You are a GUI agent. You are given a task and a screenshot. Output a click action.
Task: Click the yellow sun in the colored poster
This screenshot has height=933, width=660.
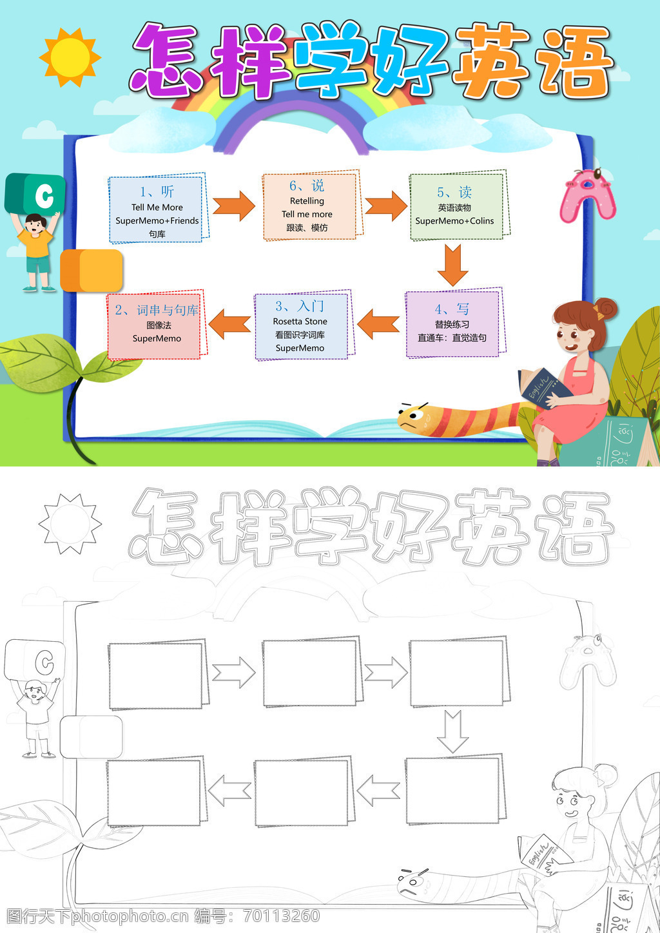(x=70, y=57)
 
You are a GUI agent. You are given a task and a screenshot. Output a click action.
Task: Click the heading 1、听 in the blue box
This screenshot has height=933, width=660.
(x=157, y=191)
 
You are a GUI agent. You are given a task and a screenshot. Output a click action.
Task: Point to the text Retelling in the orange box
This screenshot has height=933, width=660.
(x=307, y=201)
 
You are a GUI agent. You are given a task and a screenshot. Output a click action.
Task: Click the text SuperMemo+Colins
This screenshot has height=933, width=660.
(x=454, y=221)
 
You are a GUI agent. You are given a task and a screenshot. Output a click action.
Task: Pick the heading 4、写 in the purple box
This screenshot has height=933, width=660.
(x=452, y=309)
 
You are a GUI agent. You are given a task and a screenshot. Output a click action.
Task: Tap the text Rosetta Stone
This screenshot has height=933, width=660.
(x=300, y=322)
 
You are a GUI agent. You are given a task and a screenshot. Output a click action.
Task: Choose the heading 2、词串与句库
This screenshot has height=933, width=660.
(x=157, y=311)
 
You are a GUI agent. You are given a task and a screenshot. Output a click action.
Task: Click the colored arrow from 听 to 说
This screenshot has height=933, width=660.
(x=234, y=206)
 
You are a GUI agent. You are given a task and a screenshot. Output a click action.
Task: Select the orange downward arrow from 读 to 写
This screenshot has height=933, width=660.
(x=452, y=264)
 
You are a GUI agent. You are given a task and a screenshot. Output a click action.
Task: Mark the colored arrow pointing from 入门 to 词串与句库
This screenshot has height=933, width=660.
(x=229, y=323)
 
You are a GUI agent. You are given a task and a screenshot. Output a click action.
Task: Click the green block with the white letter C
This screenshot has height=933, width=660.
(x=36, y=193)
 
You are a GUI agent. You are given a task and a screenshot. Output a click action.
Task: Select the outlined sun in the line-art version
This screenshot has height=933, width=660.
(x=70, y=524)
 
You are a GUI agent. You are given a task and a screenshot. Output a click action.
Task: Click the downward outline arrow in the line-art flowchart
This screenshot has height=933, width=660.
(x=452, y=731)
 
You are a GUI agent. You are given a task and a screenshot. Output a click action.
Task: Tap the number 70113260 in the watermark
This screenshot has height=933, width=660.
(x=282, y=916)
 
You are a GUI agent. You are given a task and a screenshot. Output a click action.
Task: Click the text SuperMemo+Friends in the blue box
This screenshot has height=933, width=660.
(x=157, y=221)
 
